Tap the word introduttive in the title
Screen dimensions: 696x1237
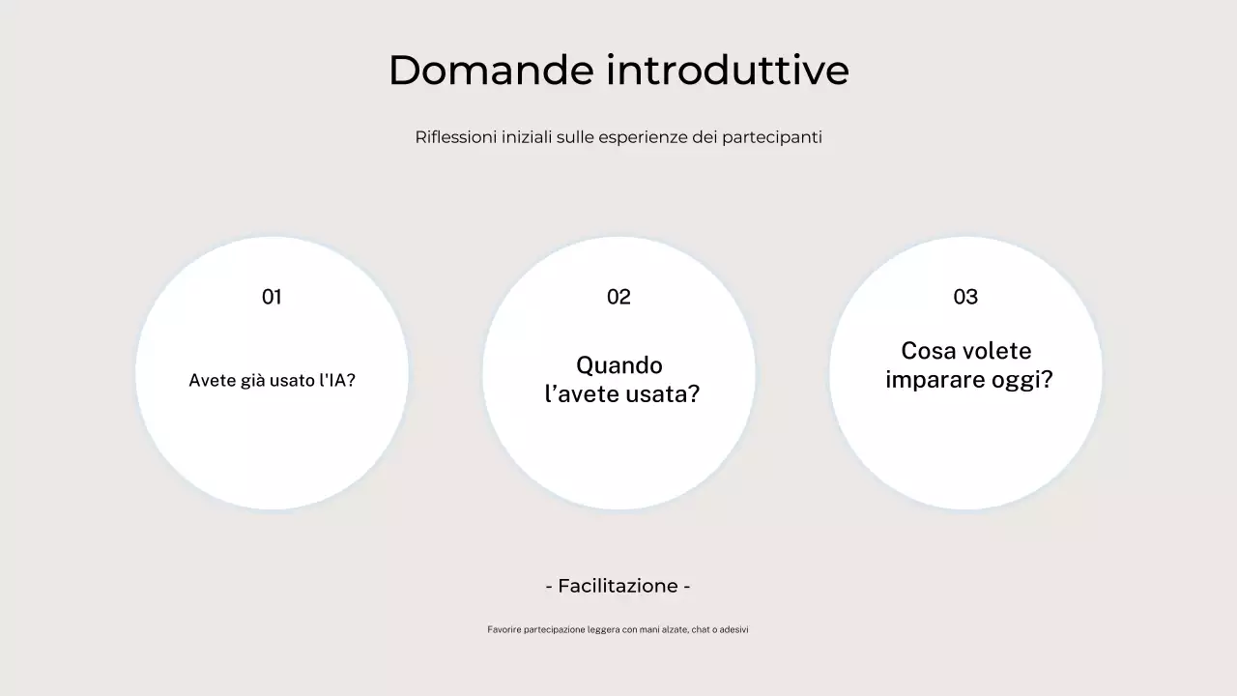728,71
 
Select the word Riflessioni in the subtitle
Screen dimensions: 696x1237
455,137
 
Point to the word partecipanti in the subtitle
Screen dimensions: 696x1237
772,137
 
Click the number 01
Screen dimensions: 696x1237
272,297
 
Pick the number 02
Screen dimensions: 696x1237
618,297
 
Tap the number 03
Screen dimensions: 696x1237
965,297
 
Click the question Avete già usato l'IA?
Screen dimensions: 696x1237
272,381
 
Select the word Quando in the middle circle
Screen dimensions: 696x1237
619,365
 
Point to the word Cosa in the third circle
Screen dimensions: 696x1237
926,351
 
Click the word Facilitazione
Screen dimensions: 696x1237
618,586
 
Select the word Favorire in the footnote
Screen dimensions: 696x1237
503,629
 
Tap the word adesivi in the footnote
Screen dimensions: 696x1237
734,629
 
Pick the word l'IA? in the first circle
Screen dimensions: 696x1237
337,381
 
